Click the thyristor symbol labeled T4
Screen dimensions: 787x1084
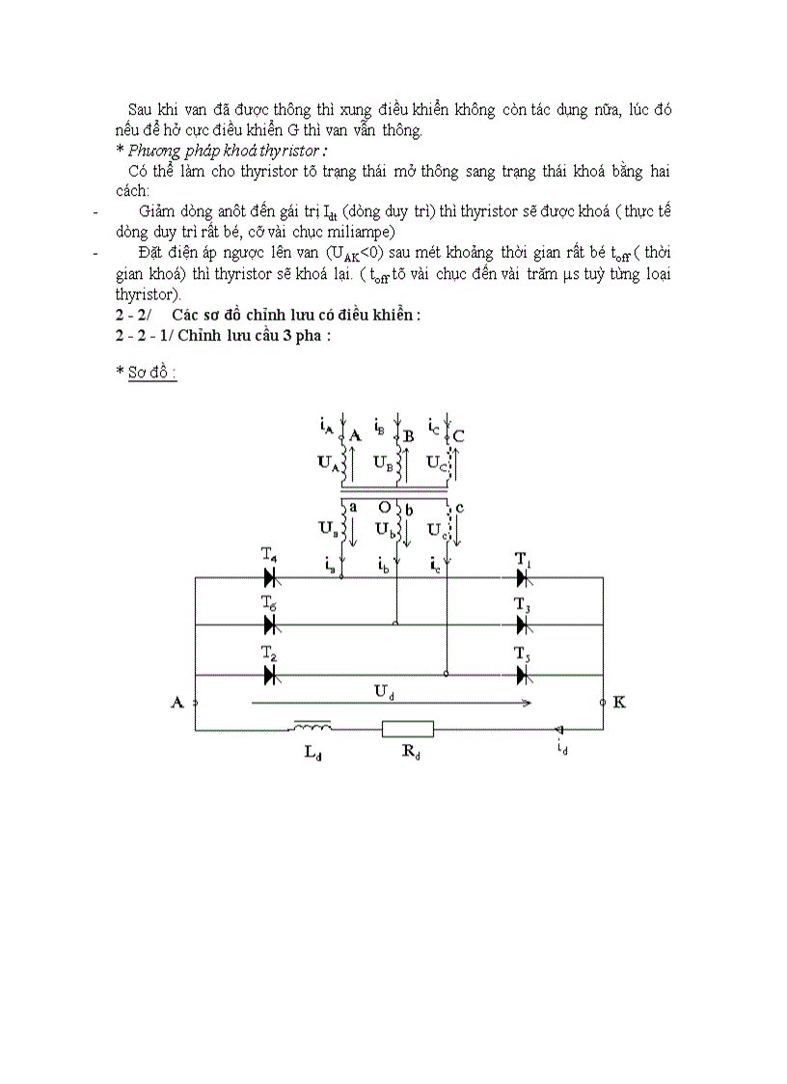point(271,577)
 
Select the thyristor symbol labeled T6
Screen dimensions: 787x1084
point(271,624)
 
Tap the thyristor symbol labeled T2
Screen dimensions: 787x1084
point(271,675)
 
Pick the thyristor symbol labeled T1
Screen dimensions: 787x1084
point(522,577)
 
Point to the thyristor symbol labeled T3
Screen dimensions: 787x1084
point(522,624)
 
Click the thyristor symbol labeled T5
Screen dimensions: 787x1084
point(522,675)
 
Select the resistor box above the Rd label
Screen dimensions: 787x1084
point(408,729)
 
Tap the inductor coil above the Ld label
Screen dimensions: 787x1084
point(311,726)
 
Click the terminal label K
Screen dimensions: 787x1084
point(619,702)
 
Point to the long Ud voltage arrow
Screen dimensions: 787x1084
point(391,704)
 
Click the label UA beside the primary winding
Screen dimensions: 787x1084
point(328,462)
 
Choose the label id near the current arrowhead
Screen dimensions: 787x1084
point(562,747)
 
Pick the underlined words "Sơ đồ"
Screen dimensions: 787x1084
point(152,374)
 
